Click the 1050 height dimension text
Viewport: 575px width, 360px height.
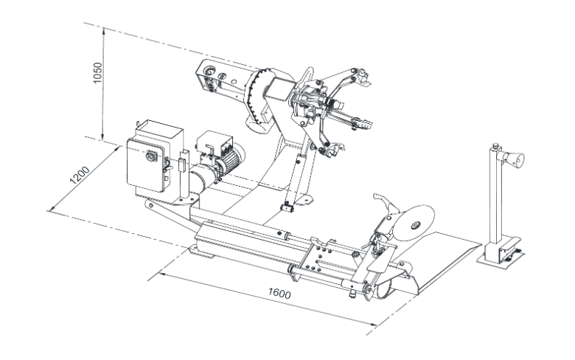tap(97, 72)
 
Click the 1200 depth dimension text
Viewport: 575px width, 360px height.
tap(80, 175)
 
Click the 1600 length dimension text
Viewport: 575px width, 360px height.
tap(279, 293)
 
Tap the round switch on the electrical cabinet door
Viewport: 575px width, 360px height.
tap(151, 156)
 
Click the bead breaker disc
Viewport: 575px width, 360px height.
tap(415, 223)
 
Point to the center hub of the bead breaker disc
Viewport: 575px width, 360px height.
tap(415, 225)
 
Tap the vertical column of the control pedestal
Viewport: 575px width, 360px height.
tap(495, 201)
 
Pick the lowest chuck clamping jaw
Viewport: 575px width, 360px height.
tap(332, 148)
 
